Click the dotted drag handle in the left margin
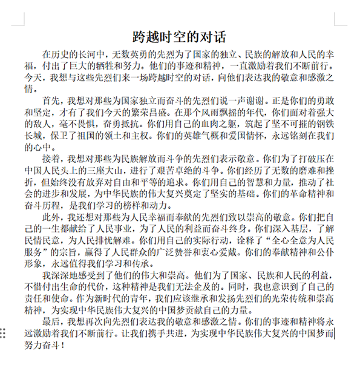tap(4, 333)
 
